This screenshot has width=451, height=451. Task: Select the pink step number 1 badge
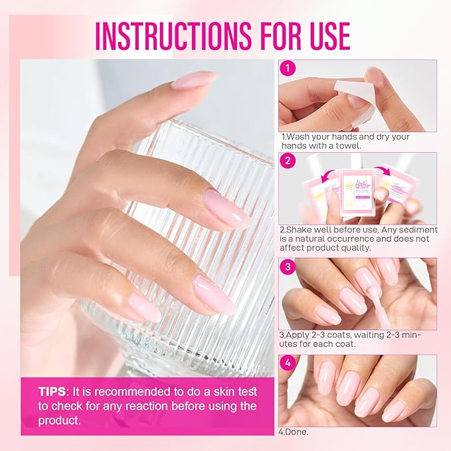[288, 68]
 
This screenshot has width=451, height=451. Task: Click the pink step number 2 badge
[288, 161]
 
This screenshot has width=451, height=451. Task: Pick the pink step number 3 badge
[288, 267]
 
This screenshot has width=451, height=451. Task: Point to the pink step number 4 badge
[288, 363]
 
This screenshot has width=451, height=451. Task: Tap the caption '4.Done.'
[294, 432]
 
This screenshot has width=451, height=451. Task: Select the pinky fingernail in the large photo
[144, 307]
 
